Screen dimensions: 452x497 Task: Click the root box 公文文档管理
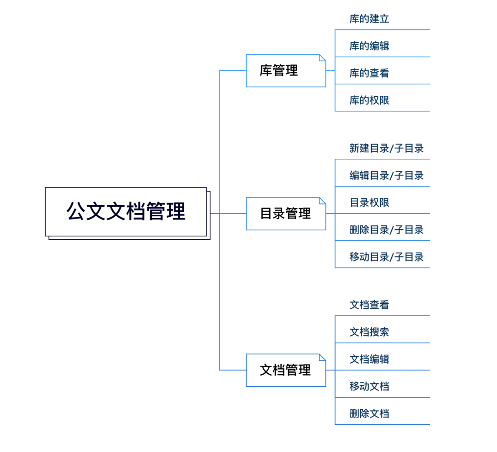(x=126, y=212)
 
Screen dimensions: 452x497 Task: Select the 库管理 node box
(x=285, y=70)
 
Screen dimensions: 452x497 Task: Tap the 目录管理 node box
(x=285, y=214)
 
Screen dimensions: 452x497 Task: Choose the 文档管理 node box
(x=285, y=370)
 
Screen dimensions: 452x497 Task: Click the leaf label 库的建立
(x=369, y=19)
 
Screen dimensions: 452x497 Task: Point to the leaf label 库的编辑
(x=369, y=46)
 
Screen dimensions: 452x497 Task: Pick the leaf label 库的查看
(x=369, y=73)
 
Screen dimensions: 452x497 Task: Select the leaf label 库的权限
(x=369, y=100)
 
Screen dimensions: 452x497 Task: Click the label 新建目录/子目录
(x=386, y=148)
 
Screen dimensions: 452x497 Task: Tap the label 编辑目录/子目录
(x=386, y=175)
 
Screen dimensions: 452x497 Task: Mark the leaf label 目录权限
(x=369, y=203)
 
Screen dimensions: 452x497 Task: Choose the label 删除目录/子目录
(x=386, y=230)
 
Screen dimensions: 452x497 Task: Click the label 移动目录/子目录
(x=386, y=257)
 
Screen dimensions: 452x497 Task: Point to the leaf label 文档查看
(x=369, y=305)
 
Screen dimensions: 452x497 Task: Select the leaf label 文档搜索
(x=369, y=332)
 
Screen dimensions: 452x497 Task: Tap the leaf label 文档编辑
(x=369, y=359)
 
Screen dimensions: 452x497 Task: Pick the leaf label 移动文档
(x=369, y=386)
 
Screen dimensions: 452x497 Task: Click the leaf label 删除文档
(x=369, y=413)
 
